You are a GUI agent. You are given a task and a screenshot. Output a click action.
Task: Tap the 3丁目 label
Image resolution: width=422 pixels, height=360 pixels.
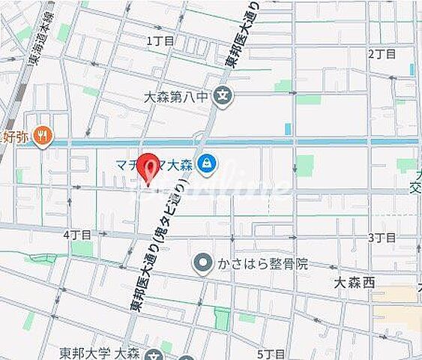tap(381, 237)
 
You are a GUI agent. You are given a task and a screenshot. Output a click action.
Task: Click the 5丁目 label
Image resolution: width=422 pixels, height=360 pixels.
tap(270, 352)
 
